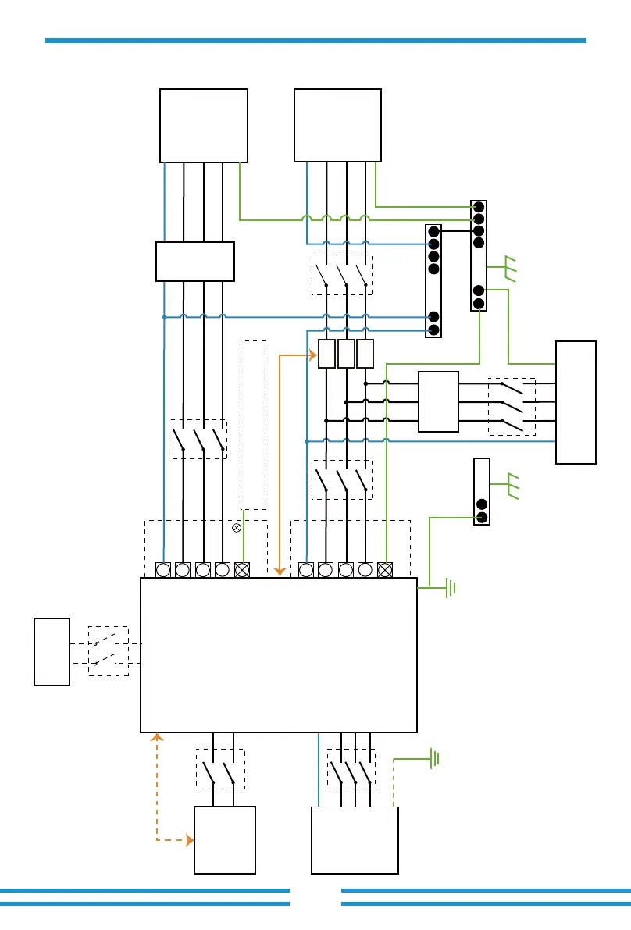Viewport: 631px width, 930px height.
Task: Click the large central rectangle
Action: tap(278, 654)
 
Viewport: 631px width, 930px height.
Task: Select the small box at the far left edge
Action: tap(52, 652)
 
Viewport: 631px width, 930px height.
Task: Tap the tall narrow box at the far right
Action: tap(576, 402)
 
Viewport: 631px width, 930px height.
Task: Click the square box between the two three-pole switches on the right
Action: tap(438, 402)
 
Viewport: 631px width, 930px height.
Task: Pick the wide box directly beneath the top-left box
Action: tap(195, 261)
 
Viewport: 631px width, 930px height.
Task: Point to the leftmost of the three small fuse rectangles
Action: tap(327, 354)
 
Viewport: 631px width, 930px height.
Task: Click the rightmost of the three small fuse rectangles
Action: tap(365, 354)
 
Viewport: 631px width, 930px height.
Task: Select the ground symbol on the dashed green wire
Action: tap(434, 757)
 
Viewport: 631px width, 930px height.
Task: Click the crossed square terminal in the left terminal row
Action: tap(242, 570)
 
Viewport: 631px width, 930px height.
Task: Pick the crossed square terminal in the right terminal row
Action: tap(385, 570)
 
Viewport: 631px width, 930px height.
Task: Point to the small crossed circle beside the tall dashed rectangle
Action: tap(237, 529)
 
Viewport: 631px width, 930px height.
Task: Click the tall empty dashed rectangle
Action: tap(253, 425)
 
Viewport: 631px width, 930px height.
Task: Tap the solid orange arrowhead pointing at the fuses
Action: tap(313, 356)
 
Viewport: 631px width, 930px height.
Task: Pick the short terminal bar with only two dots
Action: tap(482, 492)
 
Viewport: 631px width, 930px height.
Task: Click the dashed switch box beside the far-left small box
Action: tap(108, 651)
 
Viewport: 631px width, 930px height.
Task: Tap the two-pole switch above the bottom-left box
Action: tap(220, 770)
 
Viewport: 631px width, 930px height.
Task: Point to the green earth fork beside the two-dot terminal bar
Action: tap(512, 485)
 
